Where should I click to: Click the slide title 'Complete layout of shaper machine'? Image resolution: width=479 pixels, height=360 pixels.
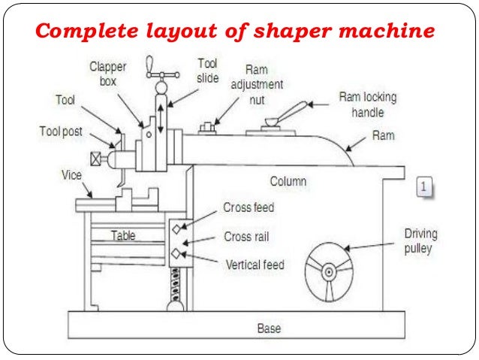[235, 32]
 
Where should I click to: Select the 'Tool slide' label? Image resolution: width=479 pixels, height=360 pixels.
[208, 70]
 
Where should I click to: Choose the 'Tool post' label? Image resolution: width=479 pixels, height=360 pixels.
[60, 131]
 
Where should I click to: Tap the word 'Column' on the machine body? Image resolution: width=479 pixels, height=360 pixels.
[288, 182]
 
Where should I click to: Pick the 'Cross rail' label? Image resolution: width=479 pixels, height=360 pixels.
[246, 237]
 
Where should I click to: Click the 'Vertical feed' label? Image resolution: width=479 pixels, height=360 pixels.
[255, 265]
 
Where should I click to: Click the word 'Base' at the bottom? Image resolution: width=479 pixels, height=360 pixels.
[269, 329]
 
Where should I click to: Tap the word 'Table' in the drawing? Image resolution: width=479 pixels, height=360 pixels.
[123, 235]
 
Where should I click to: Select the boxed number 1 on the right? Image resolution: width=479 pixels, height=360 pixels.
[424, 186]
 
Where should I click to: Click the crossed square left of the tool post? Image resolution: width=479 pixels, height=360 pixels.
[95, 159]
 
